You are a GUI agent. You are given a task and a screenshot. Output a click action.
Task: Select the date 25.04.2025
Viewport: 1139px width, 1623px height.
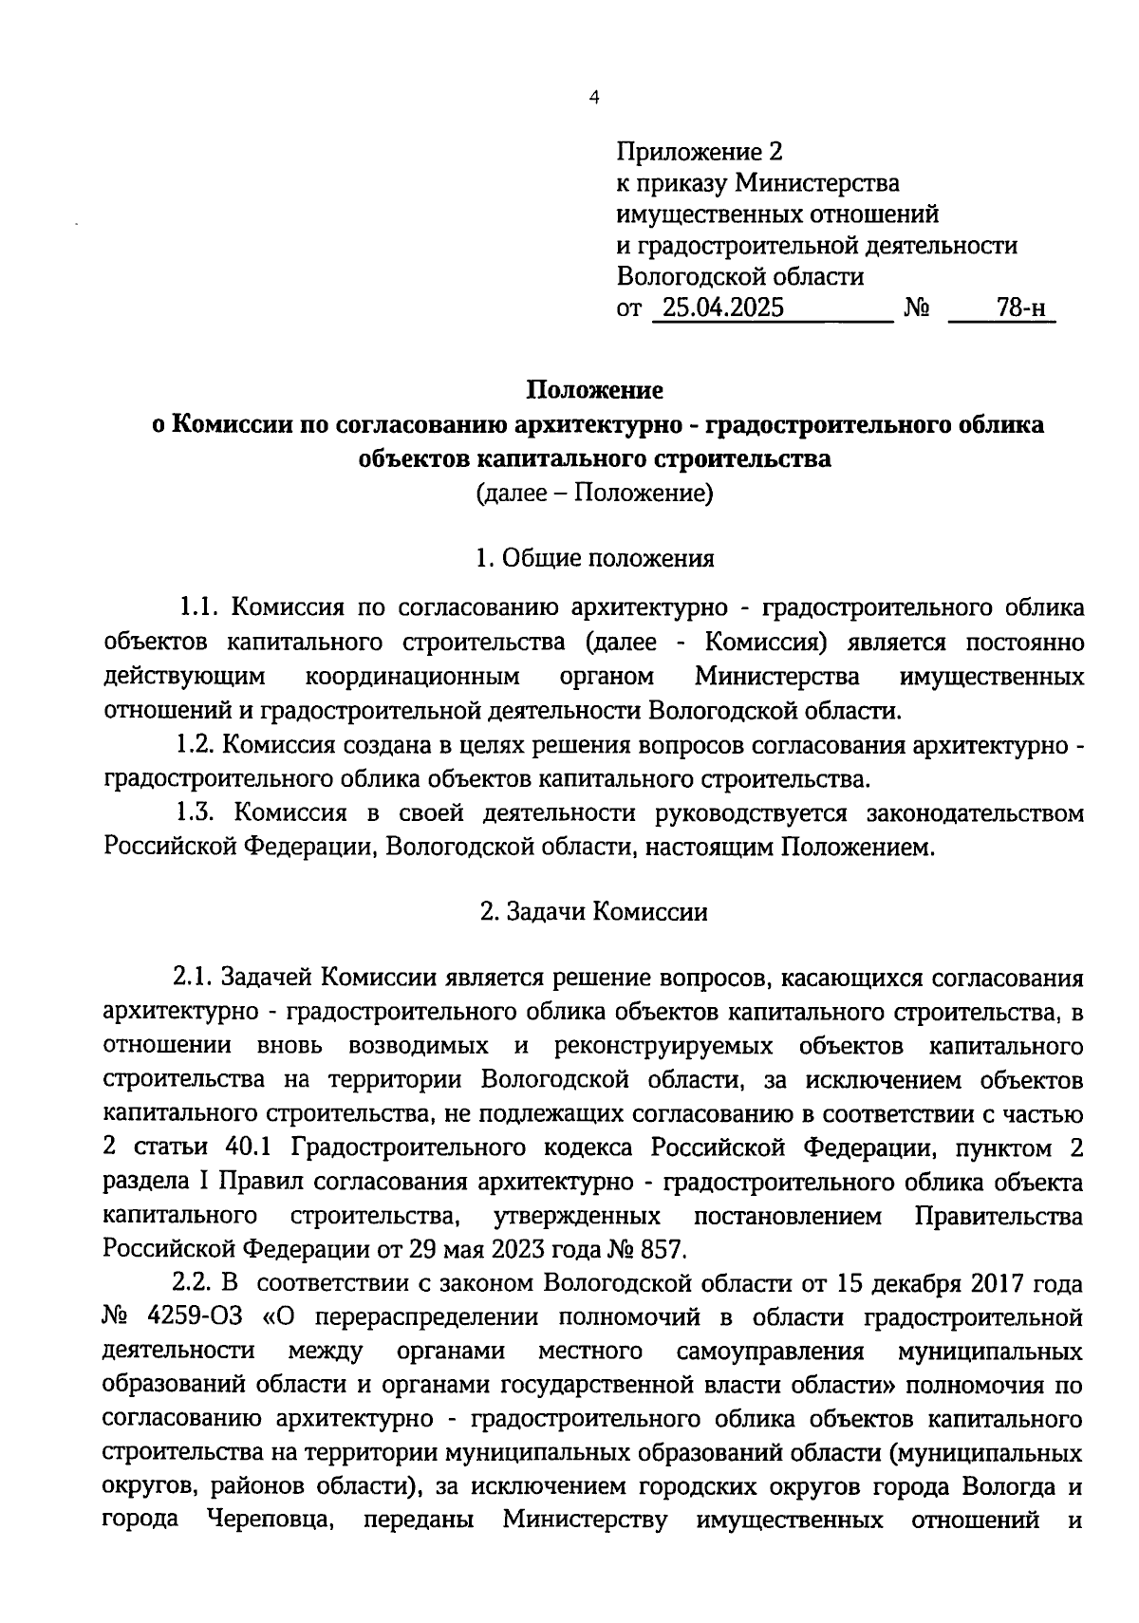[723, 308]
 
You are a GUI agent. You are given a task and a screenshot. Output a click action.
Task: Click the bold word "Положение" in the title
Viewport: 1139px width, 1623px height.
[595, 390]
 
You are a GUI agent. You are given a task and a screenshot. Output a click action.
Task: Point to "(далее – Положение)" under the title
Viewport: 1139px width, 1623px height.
[595, 494]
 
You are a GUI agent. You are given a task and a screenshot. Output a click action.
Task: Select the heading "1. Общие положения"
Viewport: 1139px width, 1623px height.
[595, 558]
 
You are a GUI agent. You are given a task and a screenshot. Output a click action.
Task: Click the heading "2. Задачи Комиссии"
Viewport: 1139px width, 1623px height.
[595, 912]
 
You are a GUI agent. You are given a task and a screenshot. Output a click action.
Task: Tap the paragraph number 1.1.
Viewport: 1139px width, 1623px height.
[200, 607]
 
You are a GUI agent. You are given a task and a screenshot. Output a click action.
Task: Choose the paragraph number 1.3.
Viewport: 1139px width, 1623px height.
[199, 813]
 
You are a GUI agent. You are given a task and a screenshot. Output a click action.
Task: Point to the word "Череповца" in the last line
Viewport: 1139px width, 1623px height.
[269, 1520]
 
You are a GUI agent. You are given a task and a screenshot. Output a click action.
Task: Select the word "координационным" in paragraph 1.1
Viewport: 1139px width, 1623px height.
[413, 677]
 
